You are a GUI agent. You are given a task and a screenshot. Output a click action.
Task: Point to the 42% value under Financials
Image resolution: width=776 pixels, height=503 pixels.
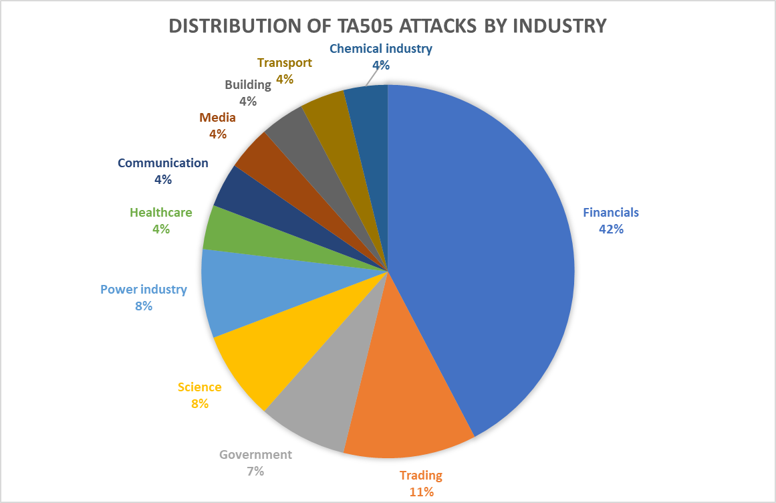(x=611, y=229)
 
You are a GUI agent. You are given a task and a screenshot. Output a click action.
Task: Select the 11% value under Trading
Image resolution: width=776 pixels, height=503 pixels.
(x=421, y=492)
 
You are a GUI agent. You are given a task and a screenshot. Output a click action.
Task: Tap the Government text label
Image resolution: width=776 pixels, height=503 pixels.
(x=255, y=455)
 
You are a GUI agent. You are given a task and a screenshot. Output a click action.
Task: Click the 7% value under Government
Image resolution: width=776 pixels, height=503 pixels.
(x=255, y=471)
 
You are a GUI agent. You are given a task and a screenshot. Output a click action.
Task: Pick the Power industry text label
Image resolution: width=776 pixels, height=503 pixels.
(x=144, y=290)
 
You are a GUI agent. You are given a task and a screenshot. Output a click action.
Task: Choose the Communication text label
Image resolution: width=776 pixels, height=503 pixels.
(x=163, y=163)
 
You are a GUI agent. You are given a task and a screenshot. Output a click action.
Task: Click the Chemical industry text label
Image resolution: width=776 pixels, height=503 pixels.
(x=381, y=48)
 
